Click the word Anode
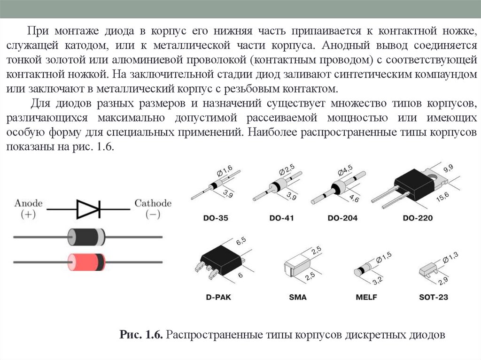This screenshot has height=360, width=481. (29, 203)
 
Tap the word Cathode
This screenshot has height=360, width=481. (153, 203)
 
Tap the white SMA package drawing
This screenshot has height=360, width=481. (297, 267)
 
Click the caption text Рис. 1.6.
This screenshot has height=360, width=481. (141, 335)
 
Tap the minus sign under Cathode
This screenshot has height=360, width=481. (153, 214)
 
